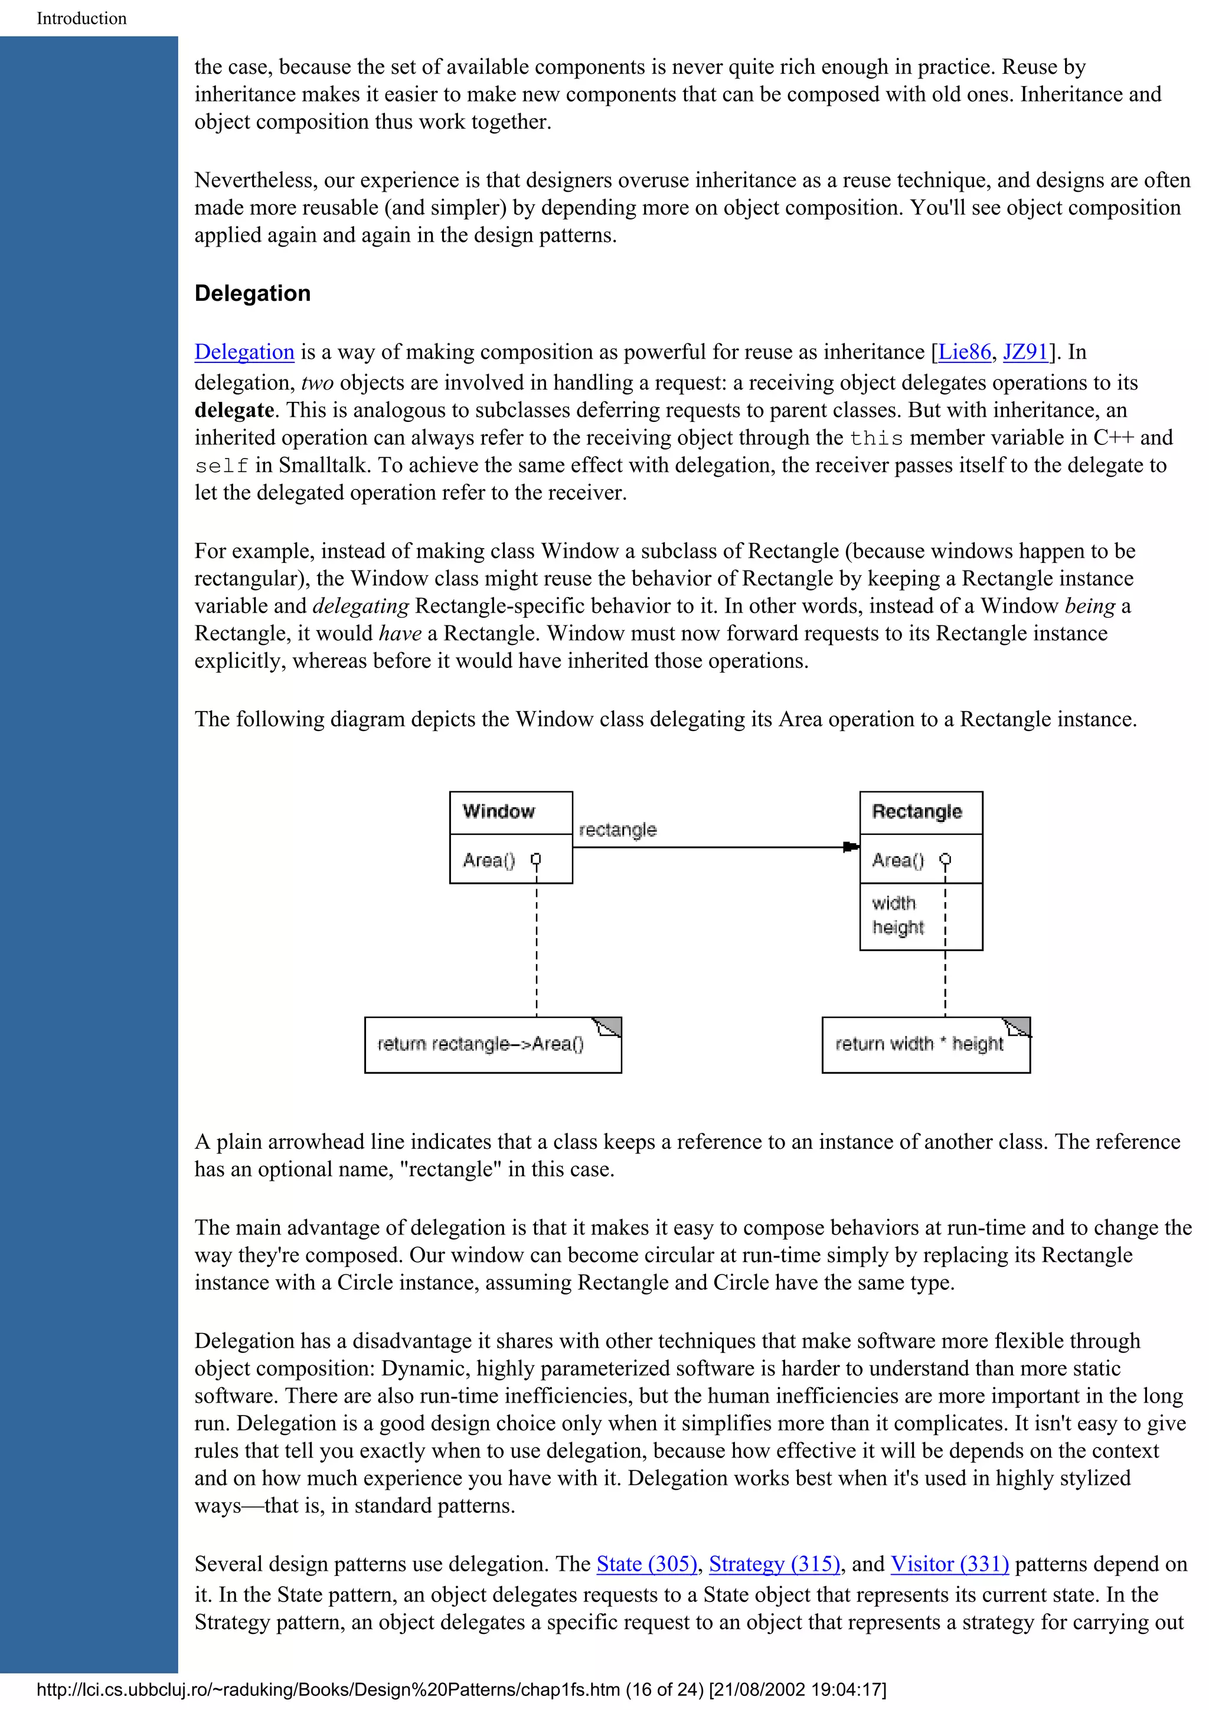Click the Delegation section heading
pos(252,293)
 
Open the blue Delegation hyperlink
pos(244,352)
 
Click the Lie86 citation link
pos(964,352)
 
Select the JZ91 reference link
pos(1026,352)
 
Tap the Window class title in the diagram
pos(498,811)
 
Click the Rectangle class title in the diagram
pos(916,811)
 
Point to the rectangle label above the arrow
pos(617,830)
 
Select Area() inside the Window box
pos(489,860)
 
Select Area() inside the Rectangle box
pos(898,860)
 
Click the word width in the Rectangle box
pos(893,903)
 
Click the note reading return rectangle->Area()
pos(481,1044)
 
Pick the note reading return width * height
pos(919,1044)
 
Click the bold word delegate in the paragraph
pos(234,410)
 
